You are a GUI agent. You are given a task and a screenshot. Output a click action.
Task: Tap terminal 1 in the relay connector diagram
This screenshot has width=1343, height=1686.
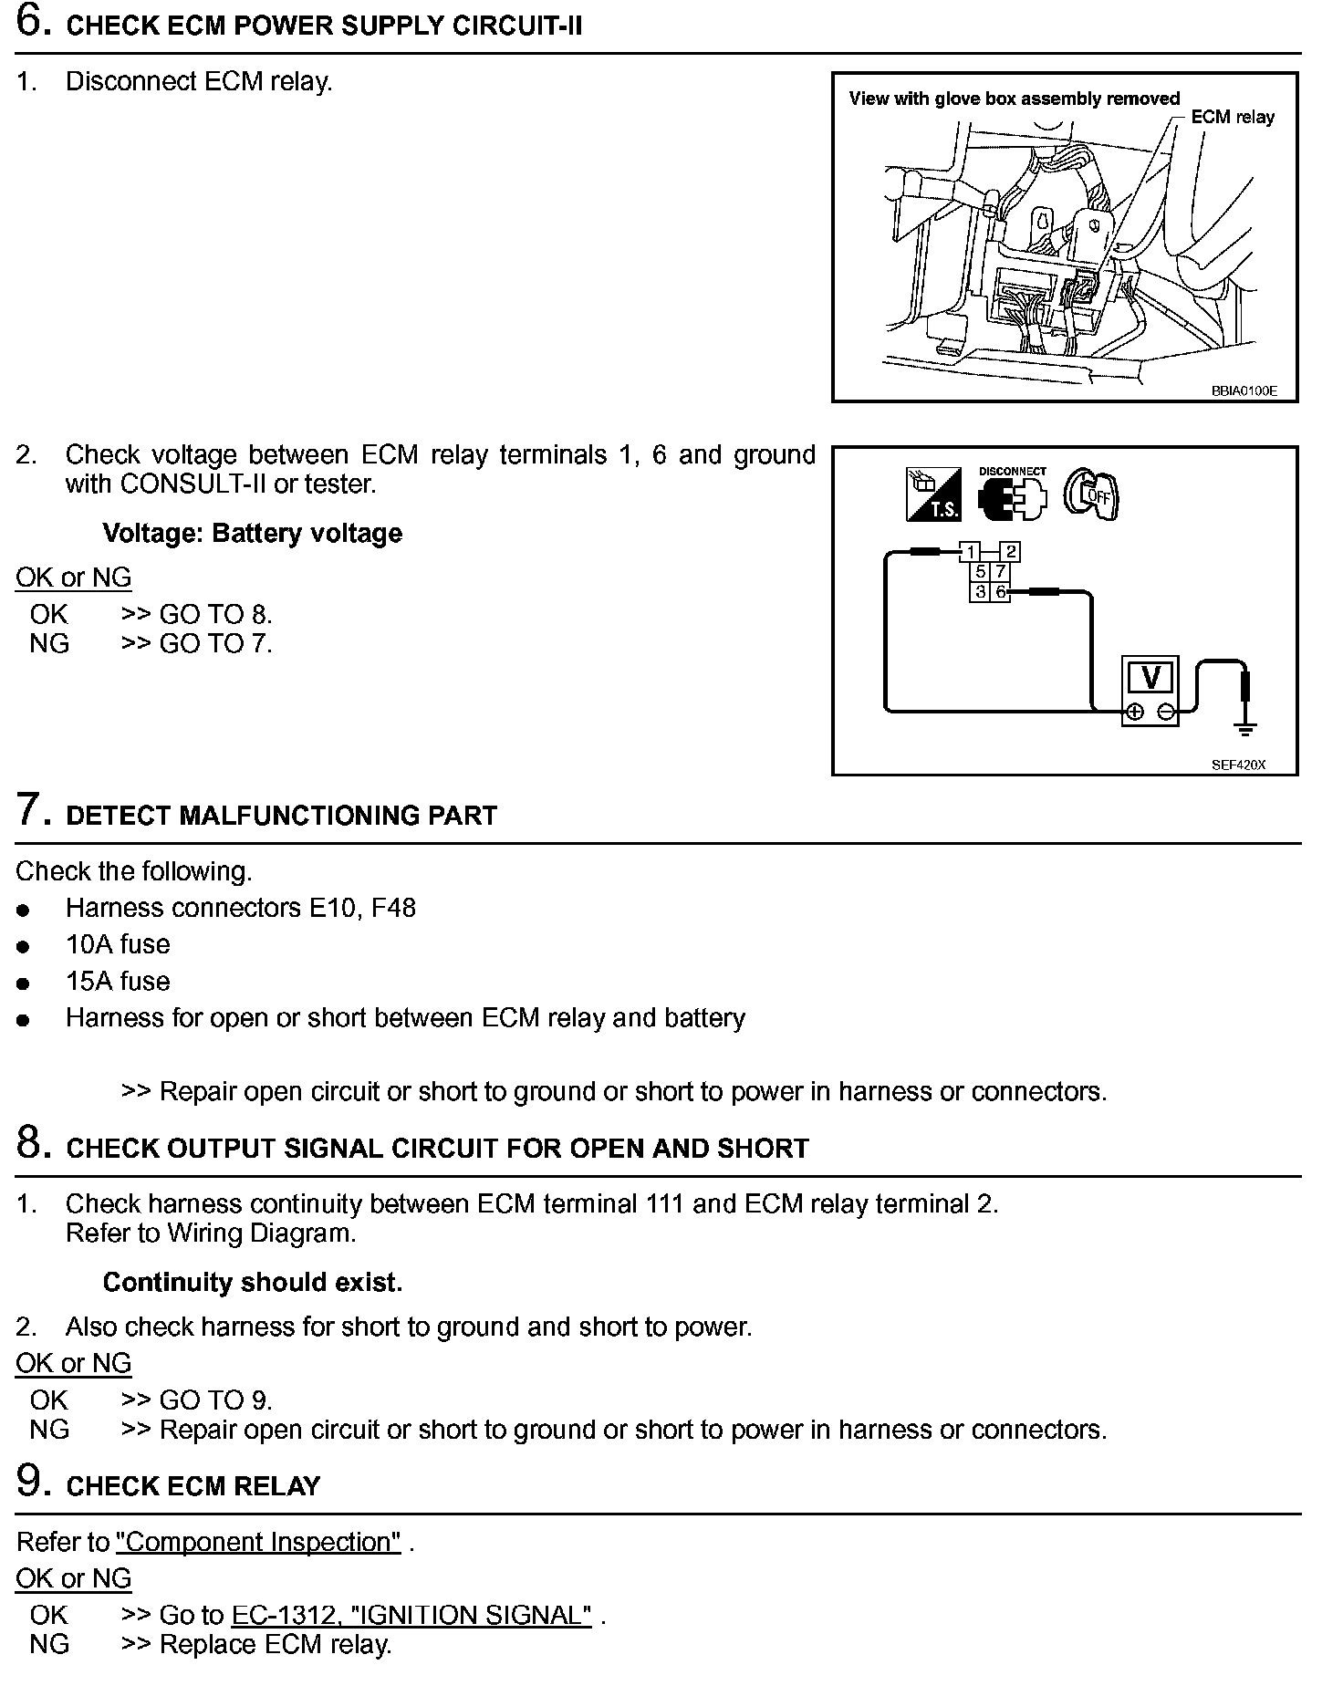point(970,551)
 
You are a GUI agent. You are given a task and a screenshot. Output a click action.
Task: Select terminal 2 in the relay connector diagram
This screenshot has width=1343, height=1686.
point(1010,551)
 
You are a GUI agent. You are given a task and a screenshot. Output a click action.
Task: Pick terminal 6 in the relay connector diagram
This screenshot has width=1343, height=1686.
point(1001,592)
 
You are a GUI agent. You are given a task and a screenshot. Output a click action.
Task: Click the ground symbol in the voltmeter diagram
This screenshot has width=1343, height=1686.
point(1245,727)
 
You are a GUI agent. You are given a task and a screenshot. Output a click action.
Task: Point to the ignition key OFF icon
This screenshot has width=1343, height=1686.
point(1092,495)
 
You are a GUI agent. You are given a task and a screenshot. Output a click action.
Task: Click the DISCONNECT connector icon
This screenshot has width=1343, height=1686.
point(1012,495)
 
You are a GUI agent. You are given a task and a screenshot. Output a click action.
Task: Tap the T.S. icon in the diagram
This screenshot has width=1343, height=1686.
point(933,494)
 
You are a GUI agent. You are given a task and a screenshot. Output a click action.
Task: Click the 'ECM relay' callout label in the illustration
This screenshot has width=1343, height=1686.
point(1232,117)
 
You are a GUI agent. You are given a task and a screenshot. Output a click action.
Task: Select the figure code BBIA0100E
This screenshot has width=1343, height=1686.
point(1244,390)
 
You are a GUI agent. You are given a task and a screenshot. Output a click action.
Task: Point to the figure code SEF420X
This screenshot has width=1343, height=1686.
point(1238,765)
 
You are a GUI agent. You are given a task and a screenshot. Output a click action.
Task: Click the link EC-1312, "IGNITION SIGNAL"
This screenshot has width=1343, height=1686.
point(411,1616)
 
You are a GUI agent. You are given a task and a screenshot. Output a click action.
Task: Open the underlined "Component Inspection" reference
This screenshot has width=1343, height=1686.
point(258,1542)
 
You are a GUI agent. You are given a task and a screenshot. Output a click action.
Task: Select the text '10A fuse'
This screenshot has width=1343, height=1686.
point(118,944)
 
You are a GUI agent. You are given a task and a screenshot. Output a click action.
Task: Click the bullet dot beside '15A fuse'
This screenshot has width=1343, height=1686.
point(24,983)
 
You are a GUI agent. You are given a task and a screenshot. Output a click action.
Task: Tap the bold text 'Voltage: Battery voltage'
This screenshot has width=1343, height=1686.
point(252,534)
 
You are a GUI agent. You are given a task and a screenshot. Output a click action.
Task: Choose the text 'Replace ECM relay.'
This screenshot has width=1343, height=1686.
point(275,1645)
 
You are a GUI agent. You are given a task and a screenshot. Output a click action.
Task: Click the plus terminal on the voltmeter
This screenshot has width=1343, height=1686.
point(1134,713)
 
